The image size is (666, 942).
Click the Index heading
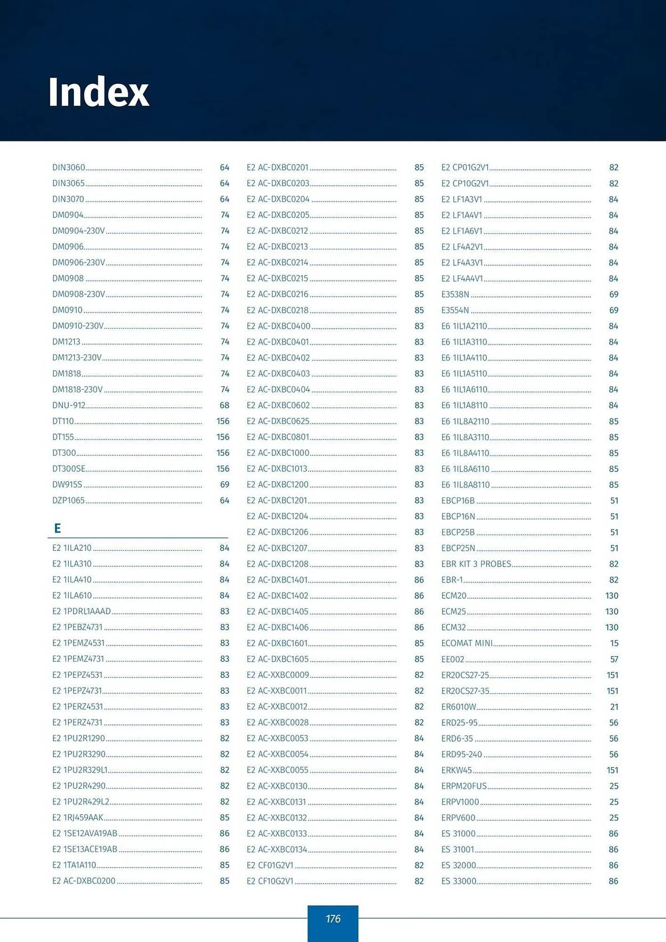(x=98, y=92)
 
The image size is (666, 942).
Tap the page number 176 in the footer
(x=333, y=918)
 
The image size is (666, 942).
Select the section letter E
(x=57, y=528)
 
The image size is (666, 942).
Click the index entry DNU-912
(x=69, y=405)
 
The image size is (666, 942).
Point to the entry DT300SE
(x=69, y=469)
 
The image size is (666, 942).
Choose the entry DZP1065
(x=68, y=500)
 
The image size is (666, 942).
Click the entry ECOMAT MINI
(x=467, y=643)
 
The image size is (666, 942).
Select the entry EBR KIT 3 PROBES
(x=476, y=564)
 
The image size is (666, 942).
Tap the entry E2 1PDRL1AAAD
(x=81, y=611)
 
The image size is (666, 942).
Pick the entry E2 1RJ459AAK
(x=78, y=817)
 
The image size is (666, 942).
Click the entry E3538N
(x=455, y=294)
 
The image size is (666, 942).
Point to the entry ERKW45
(x=456, y=770)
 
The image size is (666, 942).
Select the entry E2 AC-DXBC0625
(x=278, y=421)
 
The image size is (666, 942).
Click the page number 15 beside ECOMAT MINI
(x=614, y=643)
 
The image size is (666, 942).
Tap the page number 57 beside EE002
(x=614, y=659)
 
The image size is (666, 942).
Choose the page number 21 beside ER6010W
(x=614, y=706)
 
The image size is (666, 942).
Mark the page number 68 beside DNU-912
(x=225, y=405)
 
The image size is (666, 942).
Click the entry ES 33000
(x=459, y=881)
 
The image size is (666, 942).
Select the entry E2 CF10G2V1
(x=270, y=881)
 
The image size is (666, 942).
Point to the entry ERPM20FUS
(x=464, y=786)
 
